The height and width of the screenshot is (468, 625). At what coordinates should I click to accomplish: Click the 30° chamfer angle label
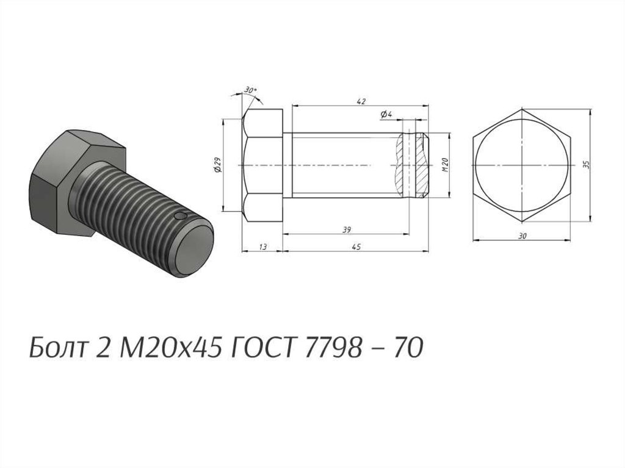point(250,90)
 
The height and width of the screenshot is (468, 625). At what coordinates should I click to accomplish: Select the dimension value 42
point(361,101)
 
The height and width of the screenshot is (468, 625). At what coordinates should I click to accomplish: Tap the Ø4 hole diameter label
point(386,115)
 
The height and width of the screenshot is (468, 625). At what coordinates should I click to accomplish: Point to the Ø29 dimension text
point(218,165)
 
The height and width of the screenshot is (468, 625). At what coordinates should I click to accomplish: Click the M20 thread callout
point(446,165)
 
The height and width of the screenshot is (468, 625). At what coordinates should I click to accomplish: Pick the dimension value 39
point(347,229)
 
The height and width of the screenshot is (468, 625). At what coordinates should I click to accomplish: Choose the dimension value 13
point(262,247)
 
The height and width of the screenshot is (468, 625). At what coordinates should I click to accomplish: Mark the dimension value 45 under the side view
point(356,247)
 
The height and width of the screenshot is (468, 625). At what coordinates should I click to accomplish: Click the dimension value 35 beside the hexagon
point(586,165)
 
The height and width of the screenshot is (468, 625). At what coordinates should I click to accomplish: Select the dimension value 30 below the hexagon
point(522,236)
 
